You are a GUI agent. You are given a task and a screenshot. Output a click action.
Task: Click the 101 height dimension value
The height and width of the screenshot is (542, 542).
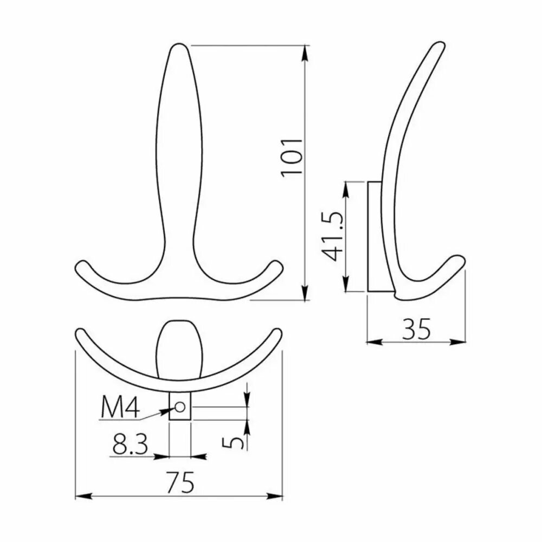(292, 158)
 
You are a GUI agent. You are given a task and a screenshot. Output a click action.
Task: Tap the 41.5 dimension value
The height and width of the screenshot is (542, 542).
(333, 236)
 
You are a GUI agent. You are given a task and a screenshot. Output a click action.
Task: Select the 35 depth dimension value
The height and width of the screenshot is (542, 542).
(416, 329)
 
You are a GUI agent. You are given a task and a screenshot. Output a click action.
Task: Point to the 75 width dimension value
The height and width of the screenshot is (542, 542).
(180, 482)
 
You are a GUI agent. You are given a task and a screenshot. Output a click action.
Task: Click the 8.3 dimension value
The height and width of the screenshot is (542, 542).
(130, 444)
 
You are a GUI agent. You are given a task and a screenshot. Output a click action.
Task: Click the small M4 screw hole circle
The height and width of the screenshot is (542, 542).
(180, 407)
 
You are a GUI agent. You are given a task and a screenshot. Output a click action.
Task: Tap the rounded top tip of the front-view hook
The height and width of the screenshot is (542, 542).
(179, 44)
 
